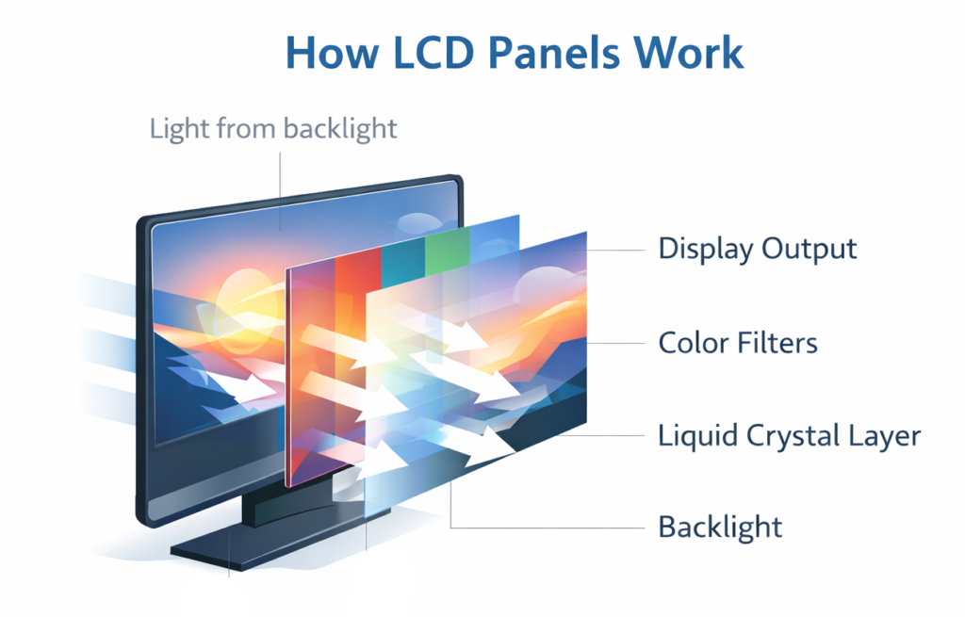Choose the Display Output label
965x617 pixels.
[x=758, y=249]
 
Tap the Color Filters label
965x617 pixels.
[x=738, y=342]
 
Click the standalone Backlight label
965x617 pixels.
[x=720, y=526]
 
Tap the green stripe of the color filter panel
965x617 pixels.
[x=447, y=250]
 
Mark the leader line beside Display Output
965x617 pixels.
[x=622, y=250]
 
